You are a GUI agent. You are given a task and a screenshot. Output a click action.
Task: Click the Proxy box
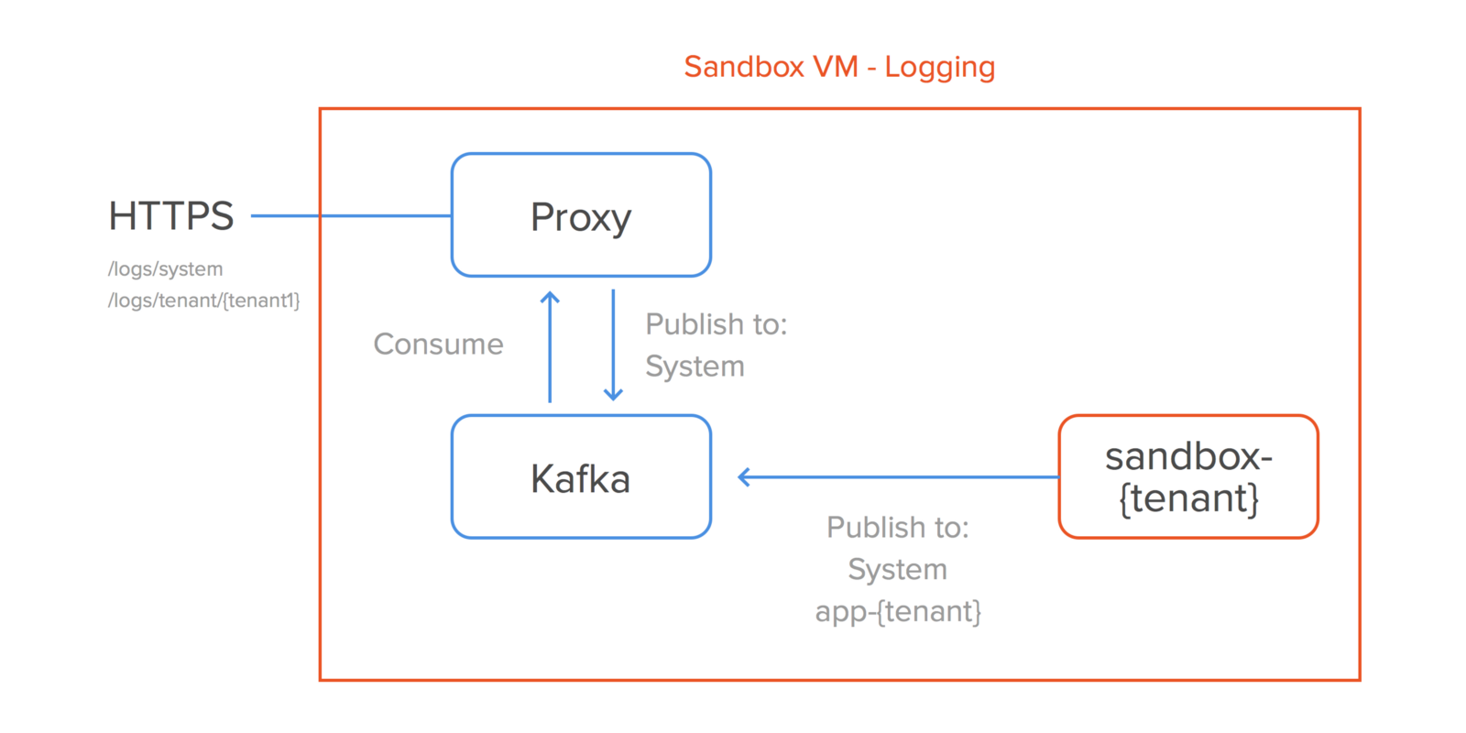click(581, 215)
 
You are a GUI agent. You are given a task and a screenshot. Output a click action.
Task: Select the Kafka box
click(581, 477)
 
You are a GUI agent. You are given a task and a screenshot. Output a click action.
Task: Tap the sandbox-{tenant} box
click(1187, 477)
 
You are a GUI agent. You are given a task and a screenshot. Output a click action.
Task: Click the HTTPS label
click(171, 216)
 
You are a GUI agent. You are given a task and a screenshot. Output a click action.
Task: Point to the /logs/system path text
click(165, 269)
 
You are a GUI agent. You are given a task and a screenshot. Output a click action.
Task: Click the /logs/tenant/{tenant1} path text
click(203, 301)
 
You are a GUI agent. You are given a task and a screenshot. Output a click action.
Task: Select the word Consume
click(438, 345)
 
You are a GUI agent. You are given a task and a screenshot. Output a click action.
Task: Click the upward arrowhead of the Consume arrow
click(550, 297)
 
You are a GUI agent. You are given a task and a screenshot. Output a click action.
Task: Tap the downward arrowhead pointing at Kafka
click(613, 395)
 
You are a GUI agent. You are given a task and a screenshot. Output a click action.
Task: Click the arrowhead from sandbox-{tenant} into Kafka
click(744, 476)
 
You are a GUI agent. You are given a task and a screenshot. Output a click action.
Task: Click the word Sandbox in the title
click(744, 67)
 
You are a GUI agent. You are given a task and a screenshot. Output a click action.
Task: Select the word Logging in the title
click(939, 68)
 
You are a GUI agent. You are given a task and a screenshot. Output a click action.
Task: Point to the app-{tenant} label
click(898, 611)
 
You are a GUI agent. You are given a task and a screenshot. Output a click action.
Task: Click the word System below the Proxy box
click(695, 366)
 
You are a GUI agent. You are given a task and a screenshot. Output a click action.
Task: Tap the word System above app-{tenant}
click(897, 570)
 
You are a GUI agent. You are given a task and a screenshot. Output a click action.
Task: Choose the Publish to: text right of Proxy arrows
click(716, 324)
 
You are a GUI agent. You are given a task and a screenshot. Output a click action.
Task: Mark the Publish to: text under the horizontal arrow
click(897, 528)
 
